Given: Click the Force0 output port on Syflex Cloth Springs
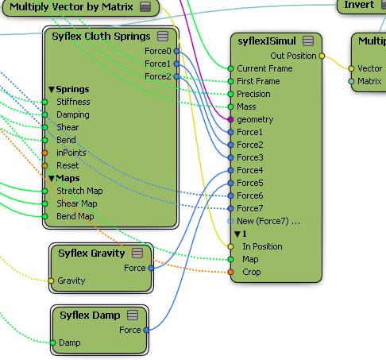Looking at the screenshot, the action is pyautogui.click(x=176, y=51).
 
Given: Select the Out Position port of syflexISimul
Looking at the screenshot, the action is pyautogui.click(x=322, y=56).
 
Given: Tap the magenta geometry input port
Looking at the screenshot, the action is pyautogui.click(x=230, y=119).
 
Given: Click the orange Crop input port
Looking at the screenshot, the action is pyautogui.click(x=230, y=272).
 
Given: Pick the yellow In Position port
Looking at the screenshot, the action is pyautogui.click(x=230, y=246).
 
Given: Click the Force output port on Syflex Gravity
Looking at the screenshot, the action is pyautogui.click(x=151, y=268).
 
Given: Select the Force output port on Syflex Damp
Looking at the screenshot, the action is pyautogui.click(x=146, y=330).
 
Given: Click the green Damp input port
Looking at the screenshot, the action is pyautogui.click(x=53, y=343).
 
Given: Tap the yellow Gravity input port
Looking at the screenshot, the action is pyautogui.click(x=51, y=281).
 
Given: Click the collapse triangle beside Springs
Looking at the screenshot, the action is pyautogui.click(x=52, y=90).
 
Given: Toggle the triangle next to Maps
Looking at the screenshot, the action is pyautogui.click(x=52, y=179).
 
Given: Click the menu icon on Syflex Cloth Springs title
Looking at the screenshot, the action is pyautogui.click(x=163, y=37).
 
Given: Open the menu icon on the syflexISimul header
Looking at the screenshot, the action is pyautogui.click(x=308, y=41).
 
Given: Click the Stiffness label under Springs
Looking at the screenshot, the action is pyautogui.click(x=73, y=102).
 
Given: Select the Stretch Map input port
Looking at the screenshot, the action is pyautogui.click(x=45, y=191).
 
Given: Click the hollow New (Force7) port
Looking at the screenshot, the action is pyautogui.click(x=230, y=221).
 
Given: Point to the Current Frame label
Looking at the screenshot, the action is pyautogui.click(x=264, y=68).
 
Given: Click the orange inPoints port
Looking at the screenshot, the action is pyautogui.click(x=45, y=153).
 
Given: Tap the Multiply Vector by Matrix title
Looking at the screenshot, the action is pyautogui.click(x=71, y=7).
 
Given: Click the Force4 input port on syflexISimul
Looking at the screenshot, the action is pyautogui.click(x=230, y=170).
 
